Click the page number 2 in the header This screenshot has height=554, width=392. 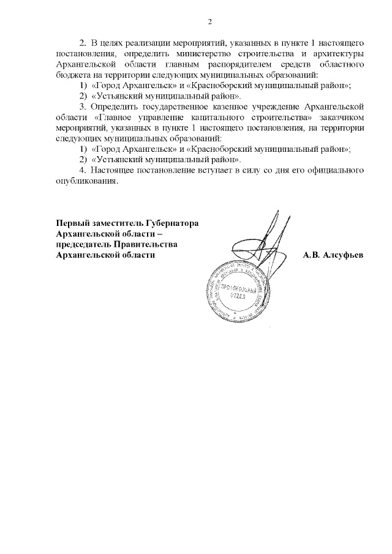tap(209, 23)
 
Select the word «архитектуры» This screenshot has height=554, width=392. tap(339, 53)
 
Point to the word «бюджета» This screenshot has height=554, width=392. tap(70, 74)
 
